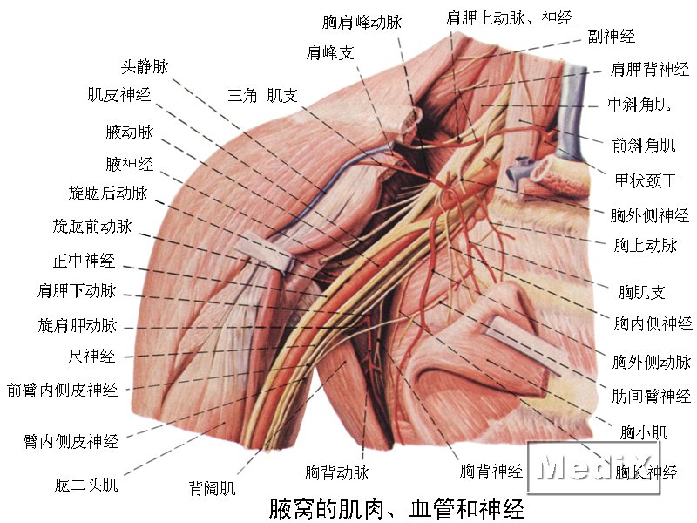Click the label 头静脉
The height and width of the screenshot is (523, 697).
coord(145,67)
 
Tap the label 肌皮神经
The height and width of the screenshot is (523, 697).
coord(119,94)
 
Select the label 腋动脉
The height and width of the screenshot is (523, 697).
coord(129,132)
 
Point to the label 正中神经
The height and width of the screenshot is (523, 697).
coord(84,261)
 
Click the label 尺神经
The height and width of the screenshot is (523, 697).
coord(91,357)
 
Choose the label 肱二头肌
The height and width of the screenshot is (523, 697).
coord(86,485)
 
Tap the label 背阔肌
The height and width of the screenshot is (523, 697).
coord(212,488)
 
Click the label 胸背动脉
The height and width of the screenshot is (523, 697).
coord(336,472)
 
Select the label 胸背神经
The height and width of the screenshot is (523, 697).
coord(491,471)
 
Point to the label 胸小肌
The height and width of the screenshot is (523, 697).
coord(644,432)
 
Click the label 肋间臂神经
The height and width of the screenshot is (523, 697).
coord(651,396)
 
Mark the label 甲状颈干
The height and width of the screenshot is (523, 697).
coord(646,180)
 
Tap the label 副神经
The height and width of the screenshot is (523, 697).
coord(612,36)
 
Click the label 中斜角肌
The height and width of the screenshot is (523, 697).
coord(639,105)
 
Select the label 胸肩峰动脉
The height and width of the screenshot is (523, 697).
coord(362,22)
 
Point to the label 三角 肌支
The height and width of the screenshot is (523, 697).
coord(262,95)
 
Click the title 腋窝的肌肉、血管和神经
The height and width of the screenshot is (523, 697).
coord(396,509)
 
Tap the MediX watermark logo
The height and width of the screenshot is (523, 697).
coord(593,468)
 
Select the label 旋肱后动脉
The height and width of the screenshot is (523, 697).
coord(108,193)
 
